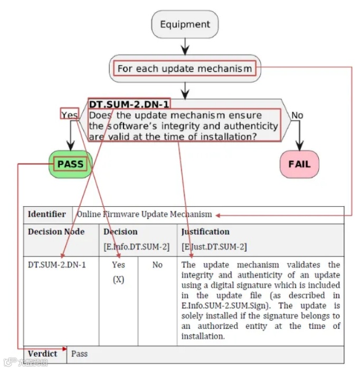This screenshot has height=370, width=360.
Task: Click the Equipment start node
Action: tap(185, 24)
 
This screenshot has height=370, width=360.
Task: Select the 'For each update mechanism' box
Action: tap(185, 69)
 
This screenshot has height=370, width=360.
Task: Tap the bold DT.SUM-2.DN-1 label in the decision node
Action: tap(129, 104)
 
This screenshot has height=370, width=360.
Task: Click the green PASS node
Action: tap(70, 164)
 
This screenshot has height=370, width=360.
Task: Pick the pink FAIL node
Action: tap(299, 164)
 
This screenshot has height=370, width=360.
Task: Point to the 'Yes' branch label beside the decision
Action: tap(69, 115)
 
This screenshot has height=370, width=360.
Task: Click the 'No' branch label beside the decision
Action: tap(298, 115)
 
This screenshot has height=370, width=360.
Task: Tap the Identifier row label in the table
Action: tap(47, 214)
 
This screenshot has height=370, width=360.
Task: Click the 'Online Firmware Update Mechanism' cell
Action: tap(144, 214)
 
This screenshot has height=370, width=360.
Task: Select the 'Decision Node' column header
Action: tap(56, 232)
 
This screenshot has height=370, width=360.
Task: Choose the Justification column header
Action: tap(205, 232)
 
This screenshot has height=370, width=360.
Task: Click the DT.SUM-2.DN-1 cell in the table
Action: tap(56, 264)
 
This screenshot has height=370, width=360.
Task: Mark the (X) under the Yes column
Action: tap(119, 279)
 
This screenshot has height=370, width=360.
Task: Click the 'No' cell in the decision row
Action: tap(157, 264)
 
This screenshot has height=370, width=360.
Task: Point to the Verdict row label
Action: tap(43, 353)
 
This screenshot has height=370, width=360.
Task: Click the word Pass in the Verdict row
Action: tap(80, 353)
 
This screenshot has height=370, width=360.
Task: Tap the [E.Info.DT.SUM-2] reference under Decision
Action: tap(136, 247)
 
